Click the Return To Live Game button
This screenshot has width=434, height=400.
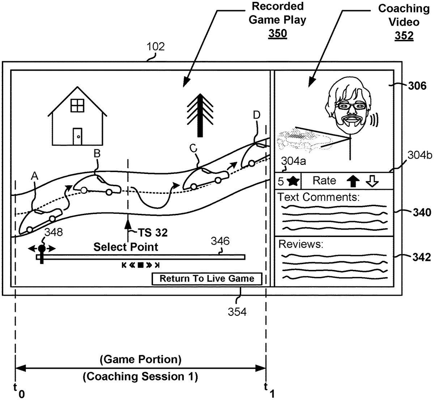207,279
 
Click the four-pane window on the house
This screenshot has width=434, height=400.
77,105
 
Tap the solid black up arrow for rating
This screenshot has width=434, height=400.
353,181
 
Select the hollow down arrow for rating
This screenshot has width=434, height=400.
372,181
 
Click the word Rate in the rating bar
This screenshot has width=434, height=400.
324,180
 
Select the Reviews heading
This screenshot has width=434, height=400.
301,244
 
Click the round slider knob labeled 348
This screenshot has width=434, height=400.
42,249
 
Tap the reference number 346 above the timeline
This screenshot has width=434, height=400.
221,241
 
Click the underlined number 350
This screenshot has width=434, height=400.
277,33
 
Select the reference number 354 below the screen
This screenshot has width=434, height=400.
237,311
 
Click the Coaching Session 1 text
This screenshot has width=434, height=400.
140,376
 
